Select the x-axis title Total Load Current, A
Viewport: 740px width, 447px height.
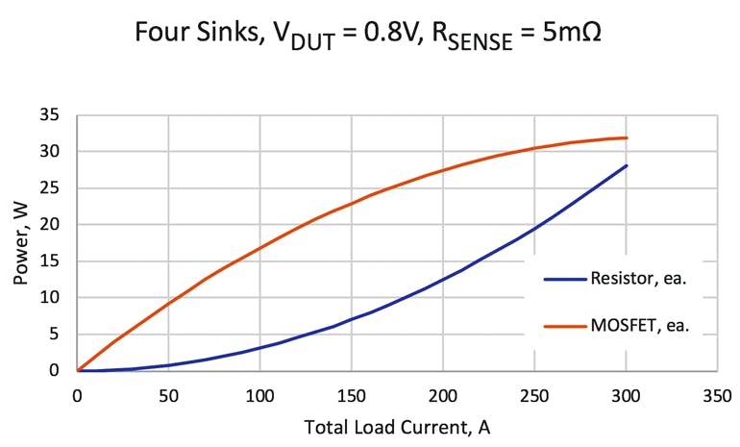tap(397, 427)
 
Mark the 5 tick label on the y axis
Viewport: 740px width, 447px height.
tap(58, 335)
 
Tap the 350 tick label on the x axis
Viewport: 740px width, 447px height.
tap(717, 394)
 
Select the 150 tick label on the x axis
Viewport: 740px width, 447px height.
tap(352, 394)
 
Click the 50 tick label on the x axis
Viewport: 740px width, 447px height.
tap(168, 394)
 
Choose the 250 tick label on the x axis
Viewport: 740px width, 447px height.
tap(534, 394)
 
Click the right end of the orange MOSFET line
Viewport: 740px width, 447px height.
tap(627, 137)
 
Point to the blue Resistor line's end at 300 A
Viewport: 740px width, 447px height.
tap(627, 165)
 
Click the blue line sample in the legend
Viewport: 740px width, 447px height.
tap(564, 280)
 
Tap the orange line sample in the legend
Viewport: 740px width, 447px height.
tap(564, 326)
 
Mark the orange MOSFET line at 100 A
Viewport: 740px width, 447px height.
tap(259, 247)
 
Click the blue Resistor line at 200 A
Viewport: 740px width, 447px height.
tap(443, 280)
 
